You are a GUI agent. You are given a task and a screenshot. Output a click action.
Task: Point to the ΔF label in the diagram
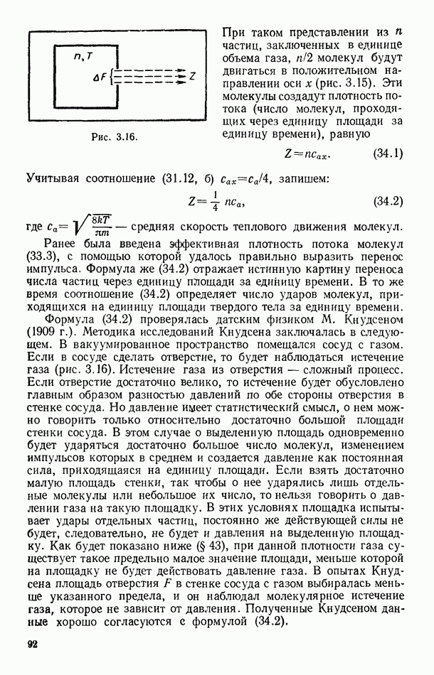tap(99, 75)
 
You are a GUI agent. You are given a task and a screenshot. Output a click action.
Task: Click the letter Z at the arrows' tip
tap(192, 74)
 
